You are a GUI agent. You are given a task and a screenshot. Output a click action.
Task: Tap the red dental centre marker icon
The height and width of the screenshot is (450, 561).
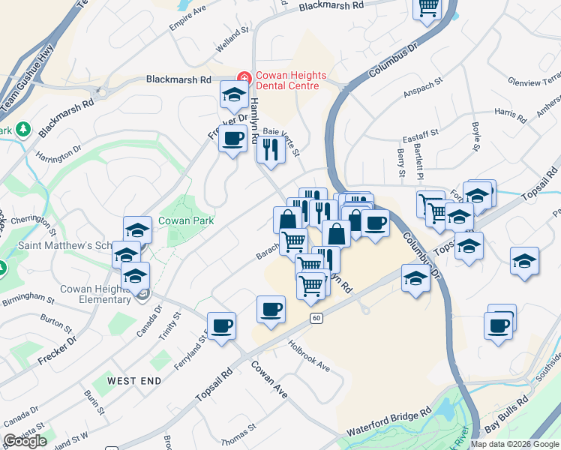coord(243,78)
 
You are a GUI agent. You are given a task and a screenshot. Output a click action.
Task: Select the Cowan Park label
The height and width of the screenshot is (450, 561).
coord(186,220)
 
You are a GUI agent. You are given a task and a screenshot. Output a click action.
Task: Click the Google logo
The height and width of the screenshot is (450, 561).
coord(25,440)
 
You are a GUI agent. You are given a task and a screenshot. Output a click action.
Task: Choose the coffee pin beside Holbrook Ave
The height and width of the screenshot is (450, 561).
coord(271,308)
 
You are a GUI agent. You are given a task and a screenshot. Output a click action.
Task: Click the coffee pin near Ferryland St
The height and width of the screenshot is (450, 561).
coord(221,325)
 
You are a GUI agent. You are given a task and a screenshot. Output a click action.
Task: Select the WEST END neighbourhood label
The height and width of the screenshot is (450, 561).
coord(134,381)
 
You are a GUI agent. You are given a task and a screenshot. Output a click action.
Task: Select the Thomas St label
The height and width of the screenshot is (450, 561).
coord(238,431)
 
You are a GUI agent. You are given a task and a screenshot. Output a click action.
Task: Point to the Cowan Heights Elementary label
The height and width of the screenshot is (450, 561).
coord(85,295)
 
